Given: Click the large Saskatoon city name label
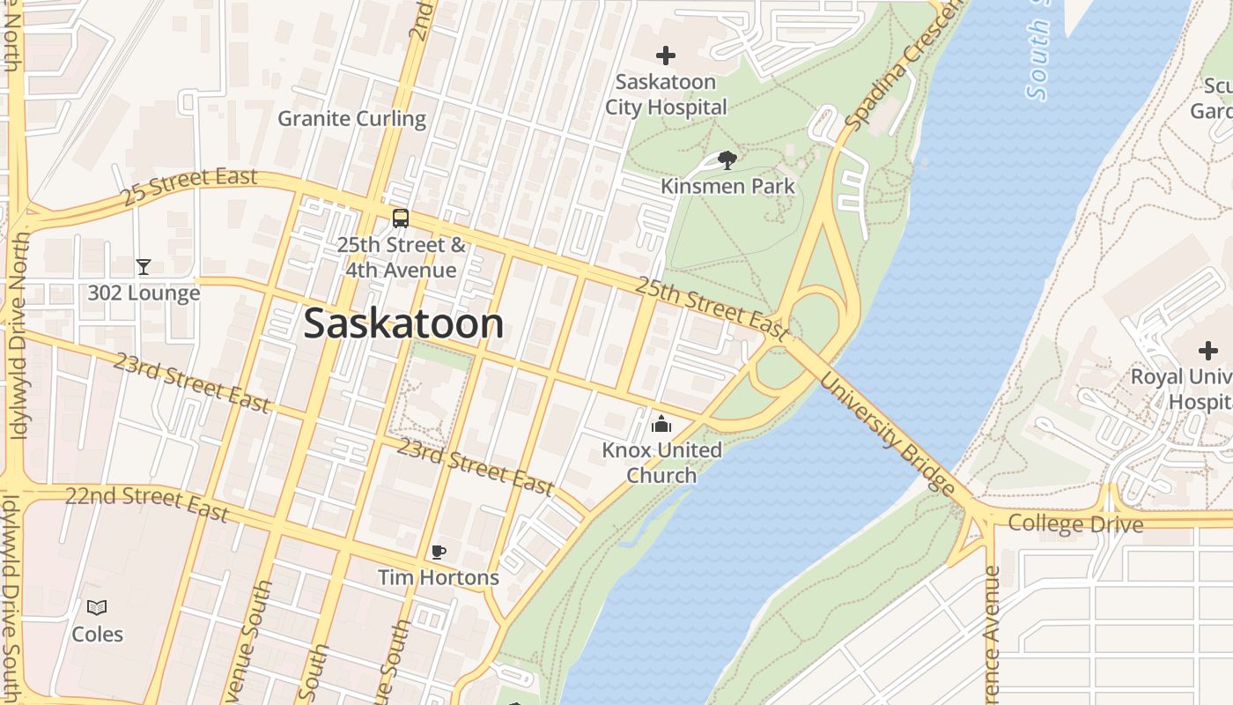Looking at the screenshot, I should point(403,324).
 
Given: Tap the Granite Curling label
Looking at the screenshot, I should point(351,118).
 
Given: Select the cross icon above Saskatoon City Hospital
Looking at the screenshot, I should point(666,56).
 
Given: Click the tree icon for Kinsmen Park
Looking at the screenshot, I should point(727,160).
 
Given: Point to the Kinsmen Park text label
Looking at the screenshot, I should point(727,186).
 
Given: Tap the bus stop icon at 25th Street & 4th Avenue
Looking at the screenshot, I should point(401,219).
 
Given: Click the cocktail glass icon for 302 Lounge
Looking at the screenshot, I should point(144,266).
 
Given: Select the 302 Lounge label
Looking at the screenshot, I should point(144,293).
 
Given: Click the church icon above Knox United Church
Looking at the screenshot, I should point(661,425).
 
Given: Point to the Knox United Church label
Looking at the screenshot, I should point(661,463).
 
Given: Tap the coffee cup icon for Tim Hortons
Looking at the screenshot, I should point(439,553).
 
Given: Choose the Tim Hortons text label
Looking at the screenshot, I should point(439,578).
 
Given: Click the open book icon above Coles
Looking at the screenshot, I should point(97,607).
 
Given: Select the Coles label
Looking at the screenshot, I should point(97,634).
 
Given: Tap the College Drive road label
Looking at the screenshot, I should point(1075,523).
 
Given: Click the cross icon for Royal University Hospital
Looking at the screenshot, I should point(1207,351).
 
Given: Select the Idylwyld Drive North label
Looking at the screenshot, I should point(18,335).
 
